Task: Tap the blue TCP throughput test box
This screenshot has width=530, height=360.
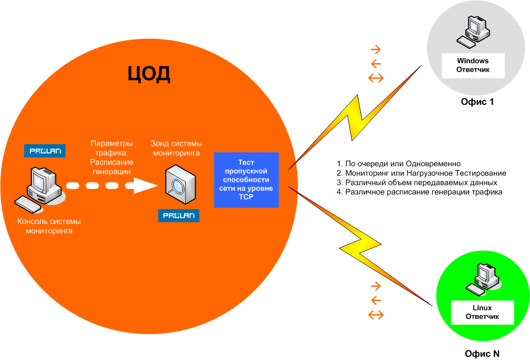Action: pos(246,180)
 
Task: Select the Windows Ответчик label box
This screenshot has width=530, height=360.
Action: pos(473,65)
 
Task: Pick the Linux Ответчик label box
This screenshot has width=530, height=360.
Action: pos(482,312)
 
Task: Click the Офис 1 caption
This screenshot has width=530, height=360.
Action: pos(477,102)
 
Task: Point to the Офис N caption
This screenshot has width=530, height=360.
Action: pos(482,353)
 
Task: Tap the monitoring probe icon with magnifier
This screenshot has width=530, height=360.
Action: pos(181,186)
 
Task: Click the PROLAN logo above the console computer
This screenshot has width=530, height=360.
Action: pos(45,151)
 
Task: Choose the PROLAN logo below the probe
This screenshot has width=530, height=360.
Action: pos(178,216)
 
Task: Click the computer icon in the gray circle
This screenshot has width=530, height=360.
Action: pos(473,32)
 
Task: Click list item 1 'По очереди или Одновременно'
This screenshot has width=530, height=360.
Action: pos(399,163)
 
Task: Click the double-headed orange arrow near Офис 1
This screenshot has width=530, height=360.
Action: pos(376,77)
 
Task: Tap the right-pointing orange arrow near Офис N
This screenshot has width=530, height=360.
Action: pos(376,286)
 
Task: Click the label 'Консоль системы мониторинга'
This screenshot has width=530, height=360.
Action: pos(49,226)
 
